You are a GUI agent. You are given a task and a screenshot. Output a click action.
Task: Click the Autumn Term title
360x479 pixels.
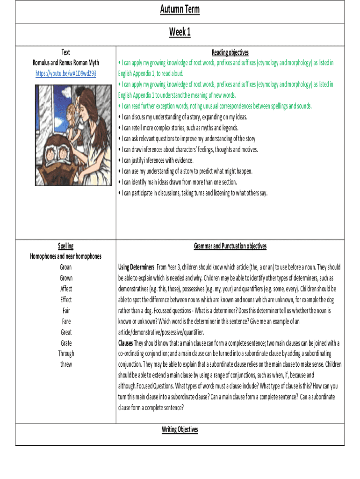coord(180,9)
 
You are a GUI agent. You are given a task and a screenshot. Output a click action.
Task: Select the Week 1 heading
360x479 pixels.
coord(180,32)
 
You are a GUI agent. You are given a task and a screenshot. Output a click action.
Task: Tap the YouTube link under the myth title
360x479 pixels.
coord(66,73)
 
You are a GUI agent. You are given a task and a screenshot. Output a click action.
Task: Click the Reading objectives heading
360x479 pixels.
coord(230,52)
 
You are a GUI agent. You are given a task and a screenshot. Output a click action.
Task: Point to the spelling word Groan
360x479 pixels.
coord(66,268)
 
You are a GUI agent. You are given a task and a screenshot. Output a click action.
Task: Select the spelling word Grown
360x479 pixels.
coord(66,278)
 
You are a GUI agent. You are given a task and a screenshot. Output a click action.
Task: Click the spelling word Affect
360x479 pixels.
coord(66,289)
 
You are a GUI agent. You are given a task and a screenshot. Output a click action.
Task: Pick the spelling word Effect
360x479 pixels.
coord(66,300)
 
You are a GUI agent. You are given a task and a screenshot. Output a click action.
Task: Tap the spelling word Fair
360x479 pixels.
coord(66,311)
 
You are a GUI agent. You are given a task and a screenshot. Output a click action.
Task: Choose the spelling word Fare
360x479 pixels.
coord(66,321)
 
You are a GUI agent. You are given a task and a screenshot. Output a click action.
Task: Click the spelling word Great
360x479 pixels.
coord(66,332)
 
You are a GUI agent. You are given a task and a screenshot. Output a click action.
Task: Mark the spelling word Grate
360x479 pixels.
coord(66,343)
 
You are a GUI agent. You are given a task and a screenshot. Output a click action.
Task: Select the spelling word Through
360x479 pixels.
coord(66,354)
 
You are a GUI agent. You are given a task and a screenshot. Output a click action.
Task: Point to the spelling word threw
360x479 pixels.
coord(66,364)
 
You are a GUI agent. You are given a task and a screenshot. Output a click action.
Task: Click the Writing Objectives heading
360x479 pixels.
coord(180,429)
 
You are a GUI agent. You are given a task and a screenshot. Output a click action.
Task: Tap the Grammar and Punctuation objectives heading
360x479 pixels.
coord(230,246)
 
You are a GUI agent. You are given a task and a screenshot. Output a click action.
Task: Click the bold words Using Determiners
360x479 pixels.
coord(136,268)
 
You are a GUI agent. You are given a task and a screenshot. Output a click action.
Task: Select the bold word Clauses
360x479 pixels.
coord(126,343)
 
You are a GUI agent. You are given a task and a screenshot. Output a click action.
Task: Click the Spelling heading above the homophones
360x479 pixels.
coord(66,246)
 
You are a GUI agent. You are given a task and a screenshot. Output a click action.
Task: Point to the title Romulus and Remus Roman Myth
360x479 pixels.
coord(66,63)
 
